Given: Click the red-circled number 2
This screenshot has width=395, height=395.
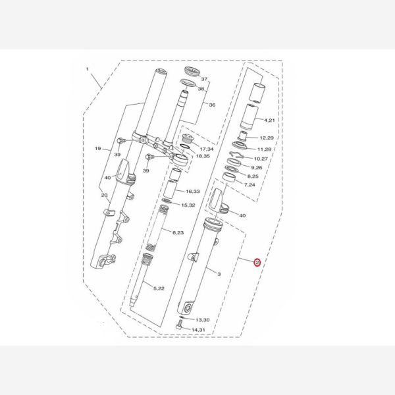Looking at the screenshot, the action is click(x=257, y=263).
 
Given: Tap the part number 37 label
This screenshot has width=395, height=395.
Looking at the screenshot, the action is click(x=204, y=79).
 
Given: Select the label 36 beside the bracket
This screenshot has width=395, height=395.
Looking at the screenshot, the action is click(x=212, y=105).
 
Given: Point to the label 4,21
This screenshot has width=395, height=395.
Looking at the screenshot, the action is click(x=269, y=120).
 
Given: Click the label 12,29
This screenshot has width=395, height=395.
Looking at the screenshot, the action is click(x=267, y=138).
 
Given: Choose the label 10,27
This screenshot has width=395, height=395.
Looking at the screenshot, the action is click(x=261, y=159).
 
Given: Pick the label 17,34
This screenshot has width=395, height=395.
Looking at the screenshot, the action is click(x=207, y=149).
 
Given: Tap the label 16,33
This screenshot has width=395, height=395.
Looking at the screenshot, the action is click(x=193, y=192).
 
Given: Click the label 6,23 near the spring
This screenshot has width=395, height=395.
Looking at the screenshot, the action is click(x=178, y=232).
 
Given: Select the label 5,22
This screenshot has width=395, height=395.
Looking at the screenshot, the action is click(x=159, y=288).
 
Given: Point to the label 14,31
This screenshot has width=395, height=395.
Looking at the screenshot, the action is click(x=198, y=330).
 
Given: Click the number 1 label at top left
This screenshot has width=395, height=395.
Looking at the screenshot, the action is click(x=88, y=69).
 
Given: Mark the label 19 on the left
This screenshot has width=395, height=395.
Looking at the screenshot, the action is click(x=98, y=148).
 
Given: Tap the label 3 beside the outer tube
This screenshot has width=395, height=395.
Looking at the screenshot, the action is click(x=219, y=274).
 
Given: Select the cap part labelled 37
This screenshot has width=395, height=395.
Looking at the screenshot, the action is click(x=192, y=71).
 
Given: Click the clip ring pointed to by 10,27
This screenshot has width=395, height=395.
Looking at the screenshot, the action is click(x=236, y=155).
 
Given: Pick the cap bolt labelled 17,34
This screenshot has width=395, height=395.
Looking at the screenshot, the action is click(x=187, y=138).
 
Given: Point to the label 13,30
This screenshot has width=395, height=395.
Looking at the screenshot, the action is click(x=203, y=320).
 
